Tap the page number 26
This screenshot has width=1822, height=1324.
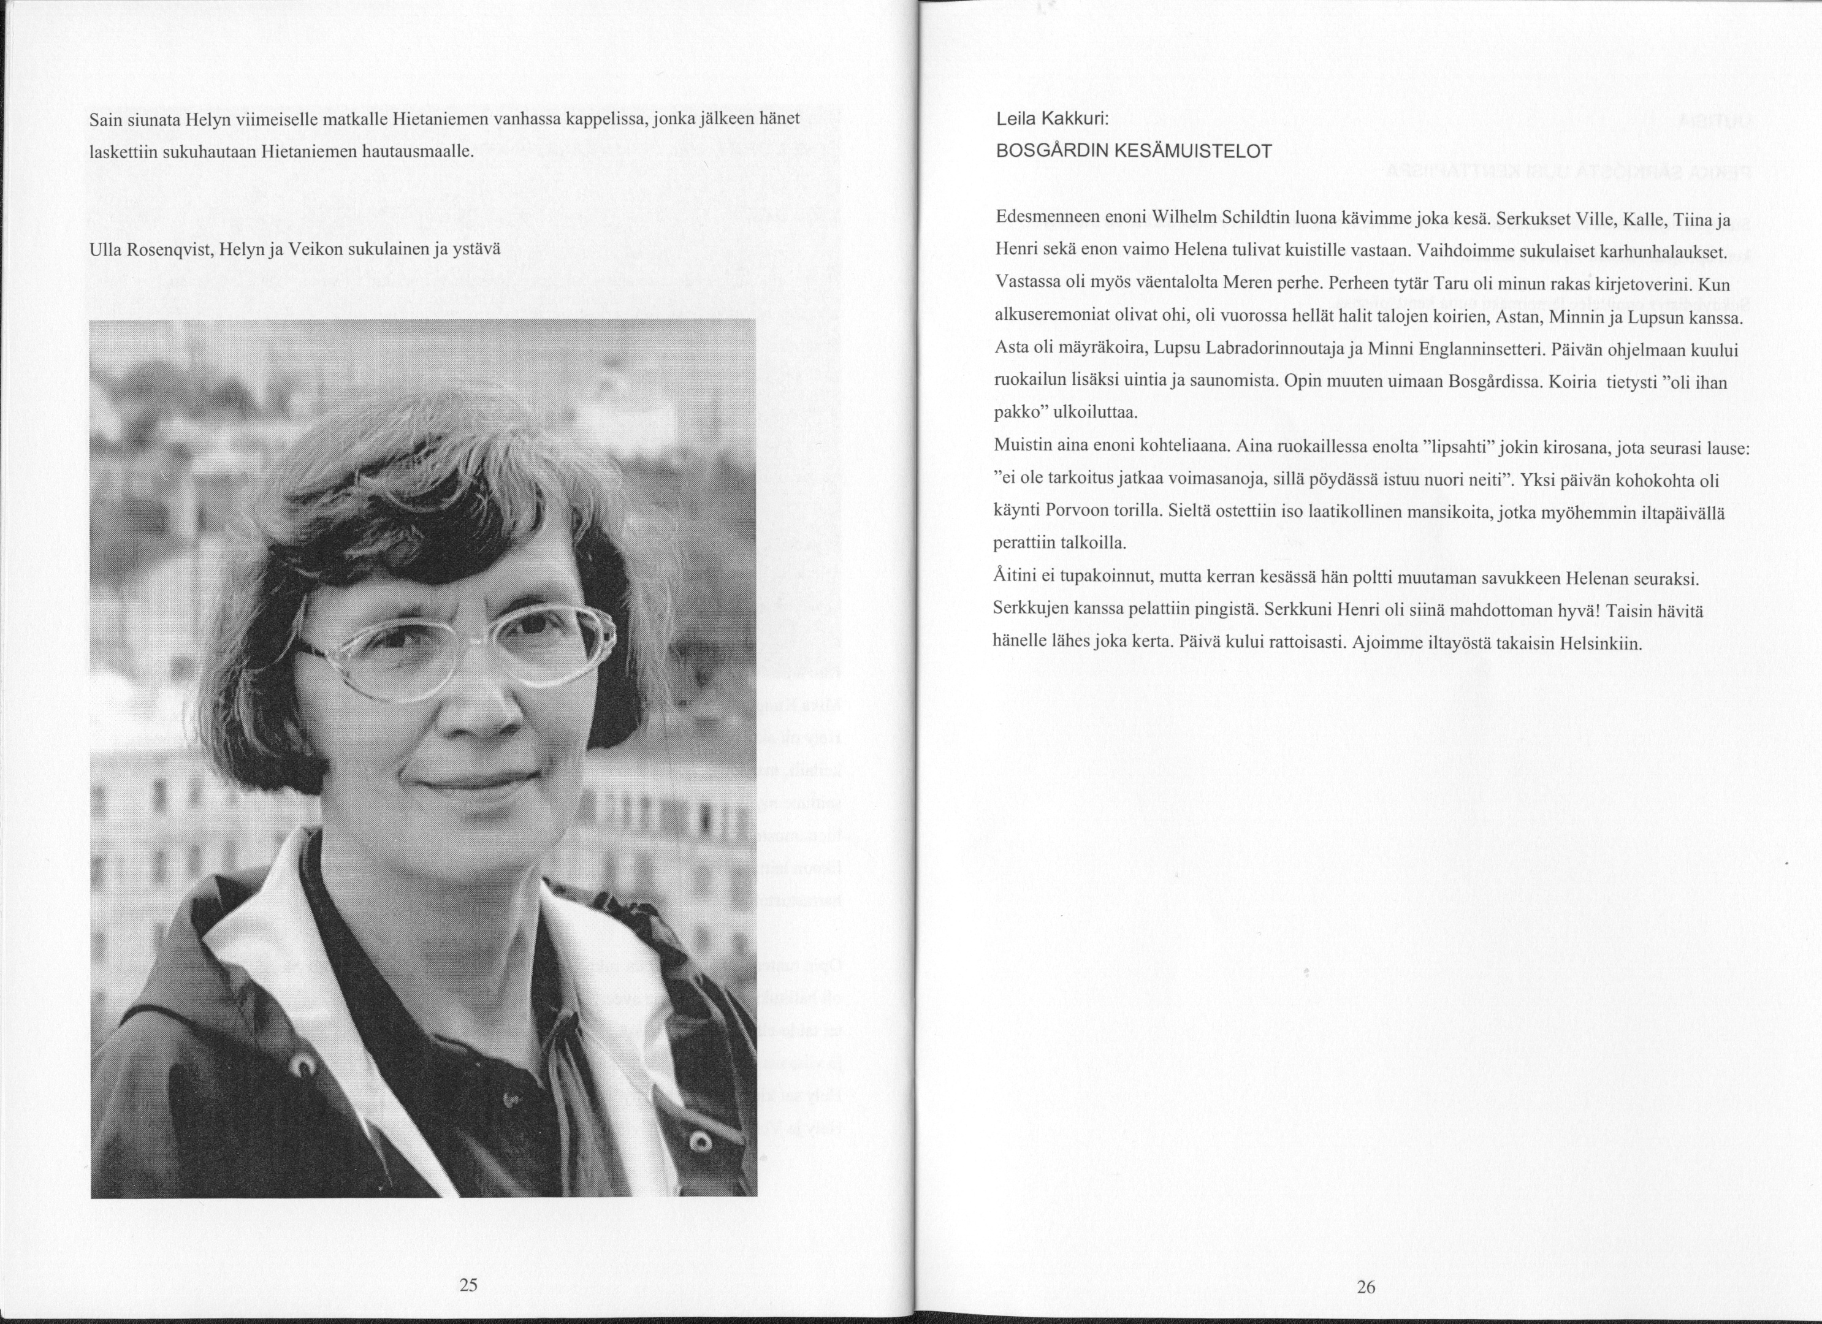point(1366,1288)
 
